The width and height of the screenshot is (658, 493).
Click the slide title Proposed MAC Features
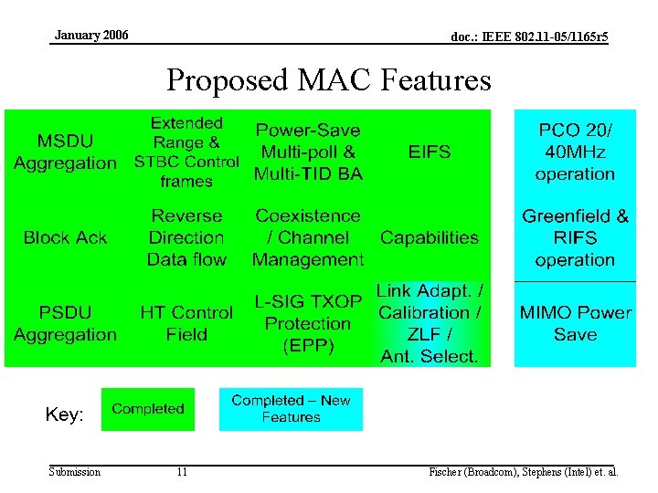tap(328, 80)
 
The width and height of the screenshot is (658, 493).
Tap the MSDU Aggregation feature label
tap(65, 152)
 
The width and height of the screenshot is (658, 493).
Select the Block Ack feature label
tap(65, 237)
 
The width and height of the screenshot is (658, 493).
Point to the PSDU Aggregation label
tap(65, 323)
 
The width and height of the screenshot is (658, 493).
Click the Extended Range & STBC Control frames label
tap(186, 152)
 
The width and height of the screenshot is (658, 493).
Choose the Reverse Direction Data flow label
tap(186, 237)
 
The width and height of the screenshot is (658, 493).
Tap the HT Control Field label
tap(186, 323)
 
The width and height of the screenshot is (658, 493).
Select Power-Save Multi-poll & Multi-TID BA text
tap(308, 152)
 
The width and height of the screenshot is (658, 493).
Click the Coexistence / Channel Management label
tap(308, 237)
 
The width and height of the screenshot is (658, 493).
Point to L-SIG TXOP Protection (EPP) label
tap(308, 323)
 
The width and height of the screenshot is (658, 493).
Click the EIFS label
tap(430, 152)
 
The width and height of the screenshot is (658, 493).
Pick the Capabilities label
tap(430, 237)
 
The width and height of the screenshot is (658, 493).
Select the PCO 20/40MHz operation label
tap(575, 152)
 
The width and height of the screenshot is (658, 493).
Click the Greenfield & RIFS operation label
tap(575, 237)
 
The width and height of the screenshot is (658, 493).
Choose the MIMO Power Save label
tap(575, 323)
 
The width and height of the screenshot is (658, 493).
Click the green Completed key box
tap(148, 409)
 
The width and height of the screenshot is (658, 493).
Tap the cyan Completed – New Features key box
tap(291, 409)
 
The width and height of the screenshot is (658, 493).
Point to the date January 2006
tap(91, 36)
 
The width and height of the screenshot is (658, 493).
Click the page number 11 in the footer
tap(182, 472)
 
